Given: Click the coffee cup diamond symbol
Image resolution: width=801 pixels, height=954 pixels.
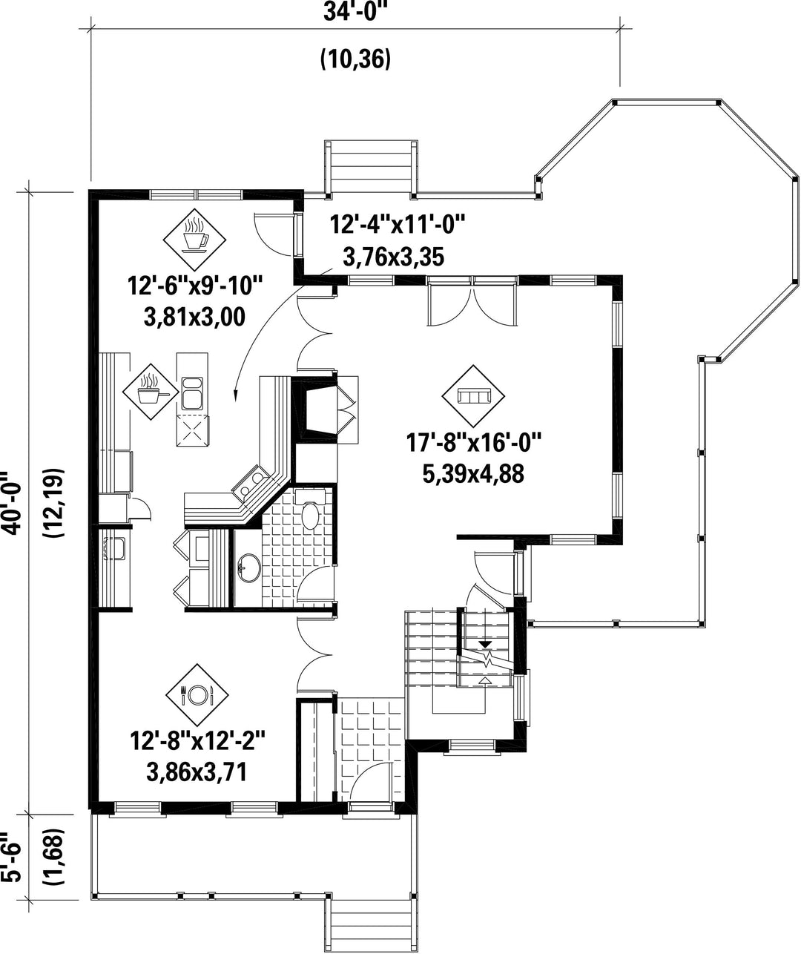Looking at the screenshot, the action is tap(194, 240).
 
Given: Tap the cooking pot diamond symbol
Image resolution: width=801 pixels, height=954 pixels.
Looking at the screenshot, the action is tap(151, 392).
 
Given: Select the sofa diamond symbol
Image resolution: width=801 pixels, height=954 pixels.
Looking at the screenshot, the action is tap(473, 395).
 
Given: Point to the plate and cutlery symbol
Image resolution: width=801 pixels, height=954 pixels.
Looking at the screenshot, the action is tap(197, 695).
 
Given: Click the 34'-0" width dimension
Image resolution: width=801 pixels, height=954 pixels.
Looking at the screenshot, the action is tap(352, 13).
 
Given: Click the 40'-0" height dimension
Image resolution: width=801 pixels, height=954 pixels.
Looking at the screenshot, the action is tap(12, 502).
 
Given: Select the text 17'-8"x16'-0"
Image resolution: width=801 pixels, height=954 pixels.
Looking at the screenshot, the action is tap(474, 443).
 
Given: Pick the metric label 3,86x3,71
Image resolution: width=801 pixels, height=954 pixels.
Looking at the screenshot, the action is tap(197, 772).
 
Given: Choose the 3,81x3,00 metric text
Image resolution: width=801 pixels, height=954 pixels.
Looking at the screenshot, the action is tap(194, 317).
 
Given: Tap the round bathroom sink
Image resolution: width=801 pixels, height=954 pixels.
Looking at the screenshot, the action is tap(249, 568).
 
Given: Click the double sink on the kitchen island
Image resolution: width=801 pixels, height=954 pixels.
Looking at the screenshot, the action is tap(192, 393).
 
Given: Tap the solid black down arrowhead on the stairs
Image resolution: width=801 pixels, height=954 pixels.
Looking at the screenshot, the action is tap(485, 644).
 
